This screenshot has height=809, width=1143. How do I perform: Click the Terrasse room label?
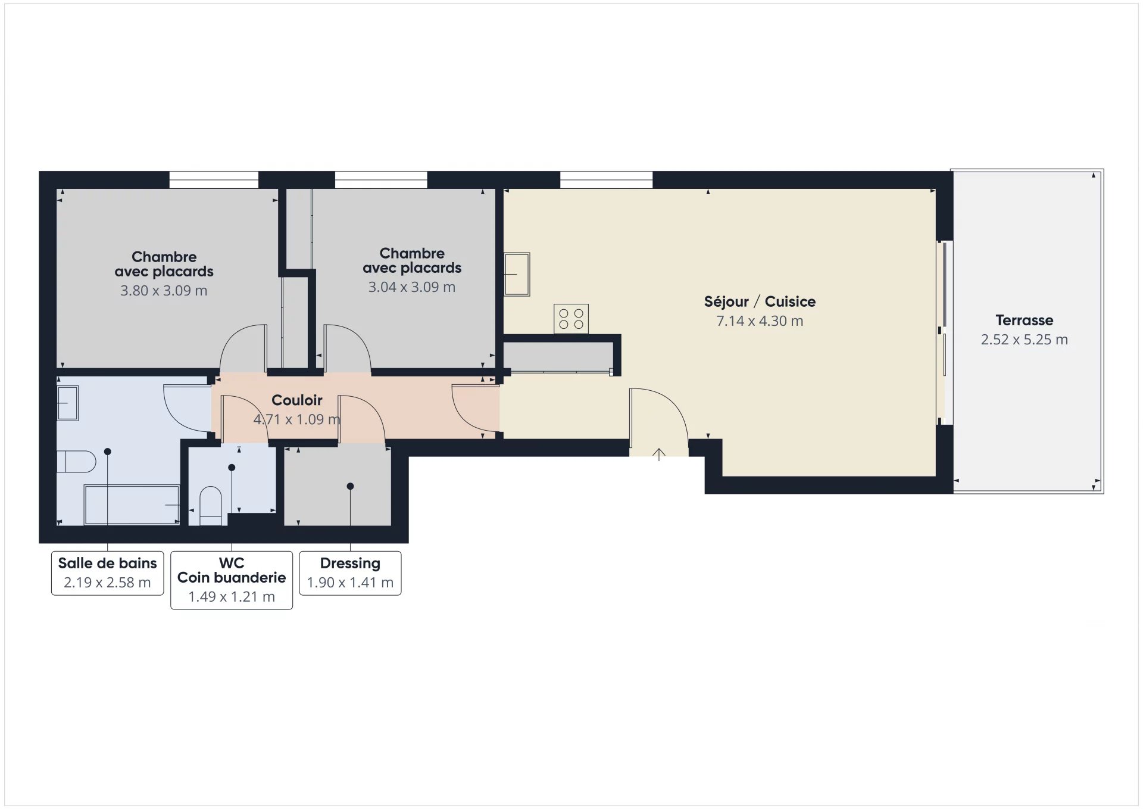pyautogui.click(x=1024, y=320)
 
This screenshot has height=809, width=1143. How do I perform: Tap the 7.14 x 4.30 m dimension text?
pyautogui.click(x=760, y=321)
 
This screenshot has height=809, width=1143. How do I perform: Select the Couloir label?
pyautogui.click(x=297, y=400)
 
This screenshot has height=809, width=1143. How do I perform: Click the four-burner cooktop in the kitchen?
pyautogui.click(x=571, y=318)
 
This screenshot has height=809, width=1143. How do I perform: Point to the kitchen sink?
pyautogui.click(x=517, y=274)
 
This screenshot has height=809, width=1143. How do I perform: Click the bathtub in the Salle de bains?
pyautogui.click(x=132, y=505)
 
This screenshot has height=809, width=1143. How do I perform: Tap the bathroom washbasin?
pyautogui.click(x=67, y=403)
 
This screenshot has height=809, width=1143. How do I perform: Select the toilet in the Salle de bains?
pyautogui.click(x=76, y=461)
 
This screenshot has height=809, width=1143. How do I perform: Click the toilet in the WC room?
pyautogui.click(x=210, y=506)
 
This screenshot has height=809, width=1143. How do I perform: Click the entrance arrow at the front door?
pyautogui.click(x=658, y=455)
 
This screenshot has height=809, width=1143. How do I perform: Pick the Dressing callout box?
pyautogui.click(x=350, y=573)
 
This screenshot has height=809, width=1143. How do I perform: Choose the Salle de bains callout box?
pyautogui.click(x=107, y=573)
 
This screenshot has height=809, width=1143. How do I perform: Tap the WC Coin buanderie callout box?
pyautogui.click(x=232, y=580)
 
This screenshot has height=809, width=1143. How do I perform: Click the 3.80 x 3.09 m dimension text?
pyautogui.click(x=164, y=291)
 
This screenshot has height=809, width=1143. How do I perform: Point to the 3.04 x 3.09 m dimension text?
pyautogui.click(x=412, y=287)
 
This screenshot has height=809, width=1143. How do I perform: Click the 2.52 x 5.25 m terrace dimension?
pyautogui.click(x=1024, y=340)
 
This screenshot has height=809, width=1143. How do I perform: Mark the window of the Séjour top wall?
pyautogui.click(x=606, y=180)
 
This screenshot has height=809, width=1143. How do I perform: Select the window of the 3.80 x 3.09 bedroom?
pyautogui.click(x=214, y=180)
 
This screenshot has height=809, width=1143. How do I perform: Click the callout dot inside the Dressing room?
pyautogui.click(x=350, y=487)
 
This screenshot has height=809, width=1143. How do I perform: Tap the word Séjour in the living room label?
pyautogui.click(x=726, y=302)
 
